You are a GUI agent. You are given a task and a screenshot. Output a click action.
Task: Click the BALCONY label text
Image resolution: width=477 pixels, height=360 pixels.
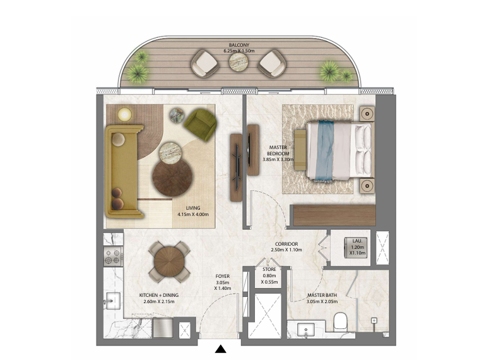(238, 45)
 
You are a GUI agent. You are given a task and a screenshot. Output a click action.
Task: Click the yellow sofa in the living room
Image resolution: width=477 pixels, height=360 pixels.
(124, 171)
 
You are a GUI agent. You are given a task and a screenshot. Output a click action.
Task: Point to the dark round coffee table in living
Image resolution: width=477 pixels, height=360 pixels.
(172, 177)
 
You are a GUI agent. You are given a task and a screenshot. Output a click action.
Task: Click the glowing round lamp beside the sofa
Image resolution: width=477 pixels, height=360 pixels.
(124, 114)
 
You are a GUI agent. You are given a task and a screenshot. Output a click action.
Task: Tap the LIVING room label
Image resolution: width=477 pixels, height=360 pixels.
(193, 208)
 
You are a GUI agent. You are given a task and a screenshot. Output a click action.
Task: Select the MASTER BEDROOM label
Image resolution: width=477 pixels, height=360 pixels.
(278, 150)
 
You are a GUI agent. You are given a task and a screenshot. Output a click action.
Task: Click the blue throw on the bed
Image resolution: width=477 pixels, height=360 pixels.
(324, 151)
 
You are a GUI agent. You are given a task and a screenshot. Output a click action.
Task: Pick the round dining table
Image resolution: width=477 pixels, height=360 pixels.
(169, 261)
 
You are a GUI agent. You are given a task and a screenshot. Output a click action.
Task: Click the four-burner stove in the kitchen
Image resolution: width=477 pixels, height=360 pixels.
(113, 256)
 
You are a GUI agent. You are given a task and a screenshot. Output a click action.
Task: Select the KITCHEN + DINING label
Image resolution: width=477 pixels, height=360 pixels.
(159, 295)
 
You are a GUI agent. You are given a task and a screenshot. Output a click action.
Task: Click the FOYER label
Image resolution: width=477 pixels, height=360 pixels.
(222, 276)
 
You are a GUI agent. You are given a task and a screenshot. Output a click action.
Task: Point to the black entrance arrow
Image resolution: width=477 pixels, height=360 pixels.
(221, 349)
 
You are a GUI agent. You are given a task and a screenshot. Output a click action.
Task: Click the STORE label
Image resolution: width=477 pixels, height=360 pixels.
(269, 269)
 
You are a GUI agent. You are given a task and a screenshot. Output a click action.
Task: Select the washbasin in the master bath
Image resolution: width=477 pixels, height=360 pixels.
(306, 330)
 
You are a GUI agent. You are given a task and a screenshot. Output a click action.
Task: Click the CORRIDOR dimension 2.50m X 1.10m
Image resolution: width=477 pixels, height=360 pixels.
(286, 250)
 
